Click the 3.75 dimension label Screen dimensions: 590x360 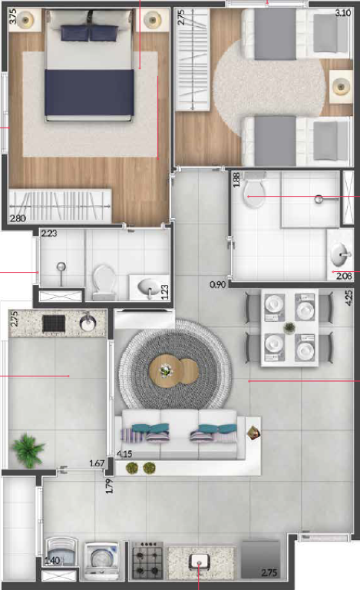point(12,18)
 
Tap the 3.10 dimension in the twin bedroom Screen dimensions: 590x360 point(343,12)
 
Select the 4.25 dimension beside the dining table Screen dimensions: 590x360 point(349,298)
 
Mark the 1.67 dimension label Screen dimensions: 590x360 point(97,463)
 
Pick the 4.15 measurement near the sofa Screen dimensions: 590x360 point(124,454)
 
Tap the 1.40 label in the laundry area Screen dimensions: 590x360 point(53,562)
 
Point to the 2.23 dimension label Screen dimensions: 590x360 point(50,233)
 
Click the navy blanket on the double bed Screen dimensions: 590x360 point(89,92)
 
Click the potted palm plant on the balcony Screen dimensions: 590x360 point(28,449)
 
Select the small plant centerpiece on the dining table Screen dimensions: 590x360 point(289,328)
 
